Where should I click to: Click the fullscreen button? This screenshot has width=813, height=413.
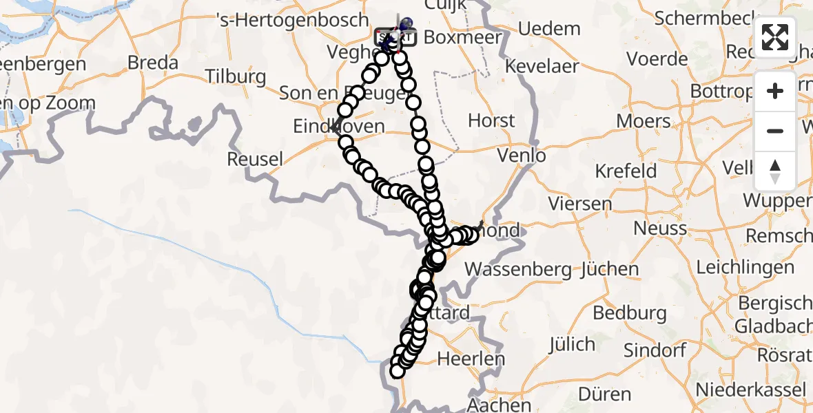tap(775, 37)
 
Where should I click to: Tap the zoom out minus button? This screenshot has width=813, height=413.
tap(775, 131)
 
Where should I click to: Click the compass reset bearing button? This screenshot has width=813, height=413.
tap(775, 171)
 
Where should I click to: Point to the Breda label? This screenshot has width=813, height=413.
tap(153, 63)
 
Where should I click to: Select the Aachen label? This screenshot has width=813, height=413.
tap(499, 405)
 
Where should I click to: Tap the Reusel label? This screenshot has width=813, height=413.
tap(254, 160)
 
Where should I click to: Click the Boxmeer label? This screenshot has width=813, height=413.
tap(462, 37)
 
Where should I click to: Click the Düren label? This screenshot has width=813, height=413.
tap(606, 394)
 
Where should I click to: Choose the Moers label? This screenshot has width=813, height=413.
tap(644, 122)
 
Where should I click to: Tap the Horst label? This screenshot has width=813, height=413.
tap(491, 120)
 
